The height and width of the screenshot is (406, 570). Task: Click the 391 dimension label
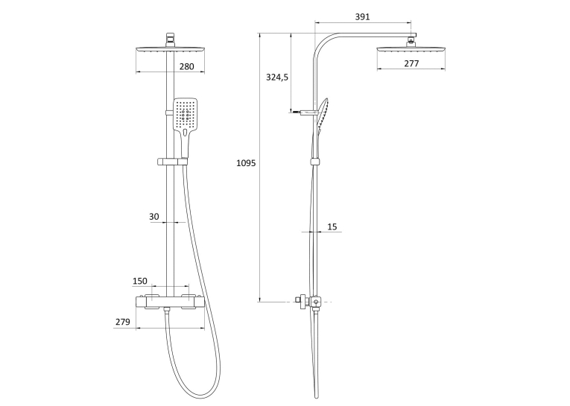pyautogui.click(x=362, y=16)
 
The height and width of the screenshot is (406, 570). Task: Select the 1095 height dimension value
pyautogui.click(x=246, y=163)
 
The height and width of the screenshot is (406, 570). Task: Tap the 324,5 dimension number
pyautogui.click(x=277, y=77)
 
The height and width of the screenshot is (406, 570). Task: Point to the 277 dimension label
pyautogui.click(x=411, y=63)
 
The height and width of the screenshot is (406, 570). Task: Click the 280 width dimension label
pyautogui.click(x=186, y=66)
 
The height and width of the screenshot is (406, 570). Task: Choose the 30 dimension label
pyautogui.click(x=154, y=217)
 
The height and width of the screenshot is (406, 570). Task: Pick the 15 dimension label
pyautogui.click(x=332, y=226)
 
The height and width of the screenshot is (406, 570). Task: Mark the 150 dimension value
pyautogui.click(x=140, y=281)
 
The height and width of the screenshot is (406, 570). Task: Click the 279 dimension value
pyautogui.click(x=123, y=322)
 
